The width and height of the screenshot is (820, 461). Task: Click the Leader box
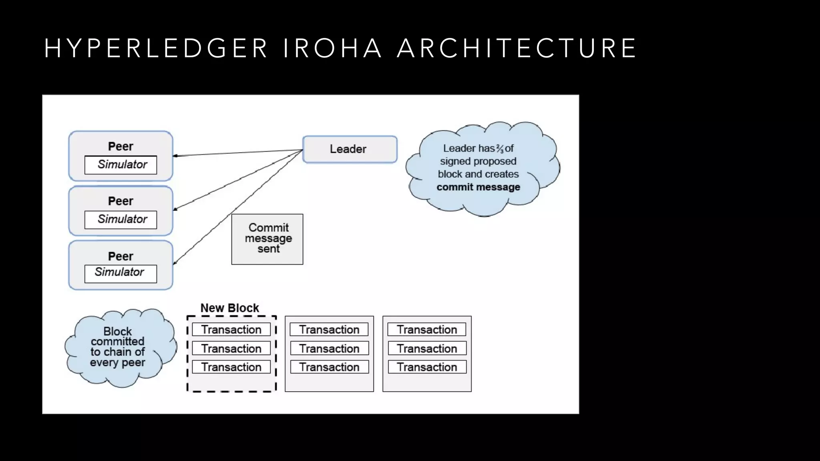point(350,149)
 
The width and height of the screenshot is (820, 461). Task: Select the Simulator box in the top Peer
point(121,165)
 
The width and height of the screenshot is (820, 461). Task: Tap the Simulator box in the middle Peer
point(121,220)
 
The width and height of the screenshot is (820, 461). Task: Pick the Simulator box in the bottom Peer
point(121,273)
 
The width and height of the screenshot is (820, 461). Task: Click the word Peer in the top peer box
point(121,146)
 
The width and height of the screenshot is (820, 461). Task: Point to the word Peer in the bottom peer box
point(121,256)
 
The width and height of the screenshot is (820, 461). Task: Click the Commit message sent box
point(267,239)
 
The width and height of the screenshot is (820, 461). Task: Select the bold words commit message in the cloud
point(478,187)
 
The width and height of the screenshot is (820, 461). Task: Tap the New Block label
point(229,308)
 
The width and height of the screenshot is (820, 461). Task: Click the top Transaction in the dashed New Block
point(231,330)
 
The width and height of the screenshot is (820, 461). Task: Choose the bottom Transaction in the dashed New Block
point(231,367)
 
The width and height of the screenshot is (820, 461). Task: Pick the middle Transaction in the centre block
point(329,349)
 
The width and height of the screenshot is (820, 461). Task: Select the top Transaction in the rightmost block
point(427,330)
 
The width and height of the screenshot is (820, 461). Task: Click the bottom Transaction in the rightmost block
point(427,367)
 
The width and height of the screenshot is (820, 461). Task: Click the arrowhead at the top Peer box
point(175,156)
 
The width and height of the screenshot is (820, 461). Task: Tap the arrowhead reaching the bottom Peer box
point(175,263)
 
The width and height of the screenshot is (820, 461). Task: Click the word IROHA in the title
point(332,48)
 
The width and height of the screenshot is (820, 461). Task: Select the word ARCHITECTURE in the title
point(517,48)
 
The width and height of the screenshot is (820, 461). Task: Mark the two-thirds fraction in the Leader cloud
point(500,149)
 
